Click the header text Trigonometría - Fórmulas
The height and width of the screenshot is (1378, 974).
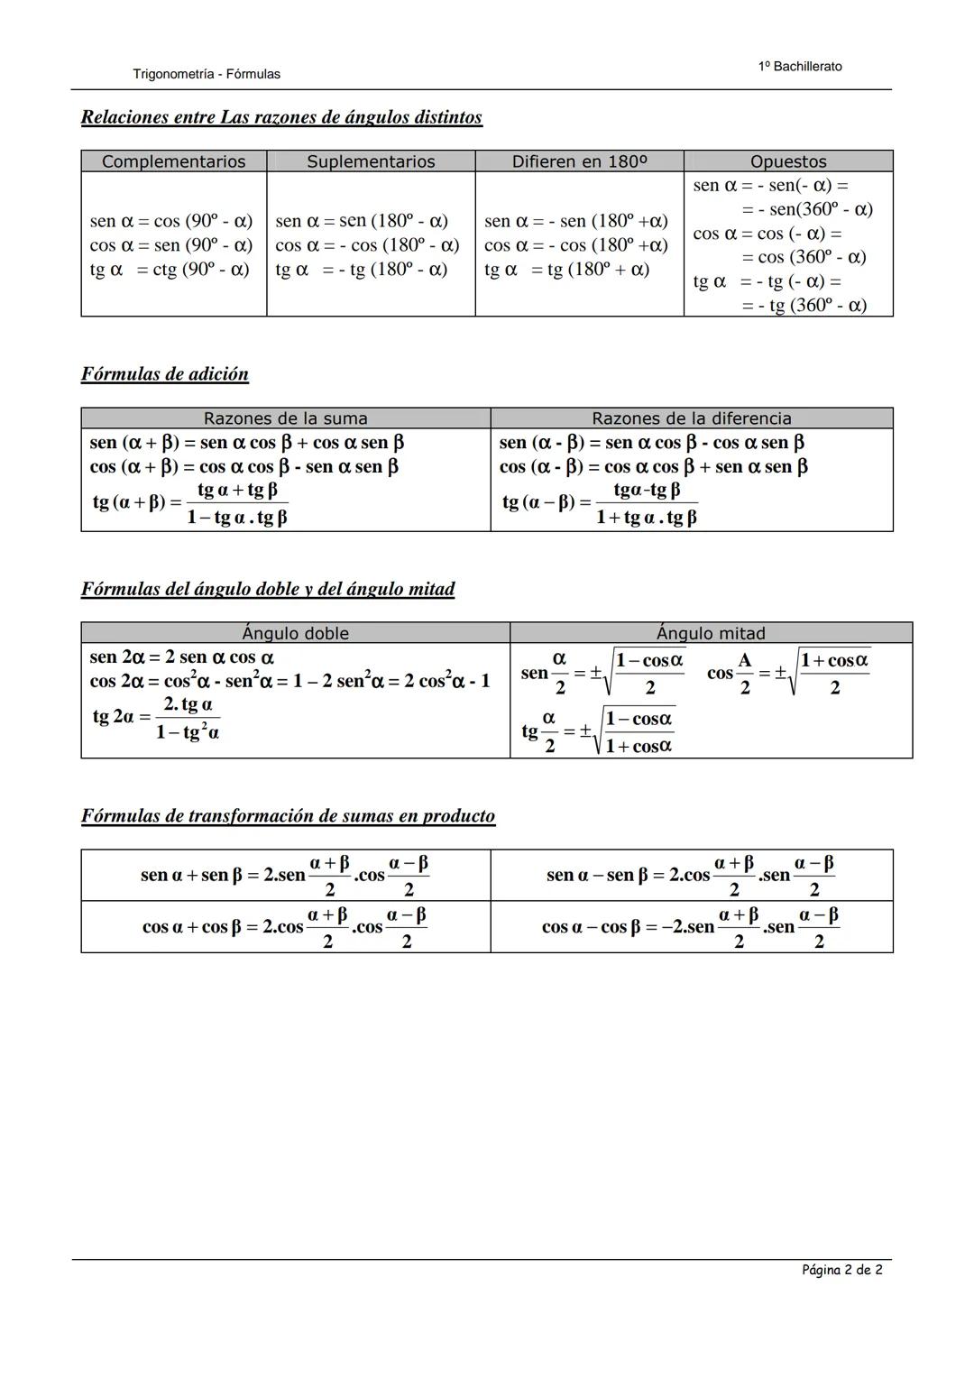click(x=206, y=74)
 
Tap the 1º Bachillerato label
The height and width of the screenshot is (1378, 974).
click(x=800, y=67)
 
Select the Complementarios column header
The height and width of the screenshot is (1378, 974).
click(x=173, y=161)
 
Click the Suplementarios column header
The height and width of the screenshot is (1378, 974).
click(x=371, y=161)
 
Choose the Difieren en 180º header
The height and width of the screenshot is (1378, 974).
click(x=579, y=161)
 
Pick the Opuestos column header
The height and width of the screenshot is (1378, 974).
click(x=788, y=161)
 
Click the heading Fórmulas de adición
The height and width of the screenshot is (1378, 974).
click(x=165, y=374)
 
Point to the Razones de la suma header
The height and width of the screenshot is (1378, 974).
click(x=285, y=418)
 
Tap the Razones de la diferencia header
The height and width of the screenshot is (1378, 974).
click(x=691, y=418)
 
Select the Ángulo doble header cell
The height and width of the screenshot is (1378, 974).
click(x=295, y=633)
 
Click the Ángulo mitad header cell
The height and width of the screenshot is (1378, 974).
click(x=711, y=633)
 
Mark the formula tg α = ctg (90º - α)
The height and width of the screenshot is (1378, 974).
click(x=170, y=270)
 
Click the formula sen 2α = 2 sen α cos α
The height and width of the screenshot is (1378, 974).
click(x=182, y=657)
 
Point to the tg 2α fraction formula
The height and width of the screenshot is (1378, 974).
click(x=157, y=718)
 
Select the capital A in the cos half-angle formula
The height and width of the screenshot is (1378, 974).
click(x=744, y=660)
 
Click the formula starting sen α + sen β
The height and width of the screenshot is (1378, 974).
click(x=285, y=876)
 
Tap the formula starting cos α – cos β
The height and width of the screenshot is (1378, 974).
click(x=691, y=927)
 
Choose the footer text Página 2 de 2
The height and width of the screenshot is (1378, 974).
click(x=841, y=1270)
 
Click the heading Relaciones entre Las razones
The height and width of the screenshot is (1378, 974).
click(x=281, y=117)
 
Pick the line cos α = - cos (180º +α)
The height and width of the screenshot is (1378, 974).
click(x=575, y=245)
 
